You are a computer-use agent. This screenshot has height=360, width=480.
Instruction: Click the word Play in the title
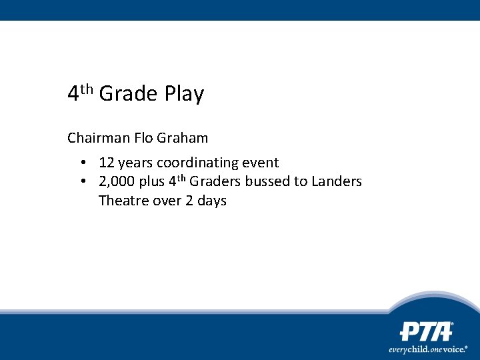[183, 95]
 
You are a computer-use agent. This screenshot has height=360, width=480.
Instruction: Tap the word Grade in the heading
[127, 94]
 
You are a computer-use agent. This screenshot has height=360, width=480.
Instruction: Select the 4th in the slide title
[81, 93]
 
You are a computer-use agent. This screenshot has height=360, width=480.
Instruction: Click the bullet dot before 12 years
[83, 163]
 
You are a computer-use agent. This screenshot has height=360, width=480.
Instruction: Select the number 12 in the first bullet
[107, 163]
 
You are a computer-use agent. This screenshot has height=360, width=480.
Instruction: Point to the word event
[261, 163]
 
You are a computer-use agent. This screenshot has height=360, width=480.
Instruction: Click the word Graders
[215, 182]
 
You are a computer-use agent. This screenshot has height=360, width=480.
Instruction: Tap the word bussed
[268, 182]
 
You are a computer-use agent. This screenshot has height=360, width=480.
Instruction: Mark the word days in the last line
[211, 201]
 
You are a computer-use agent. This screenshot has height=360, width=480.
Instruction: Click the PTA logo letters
[426, 331]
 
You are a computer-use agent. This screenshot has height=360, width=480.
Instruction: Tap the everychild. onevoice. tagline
[428, 349]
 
